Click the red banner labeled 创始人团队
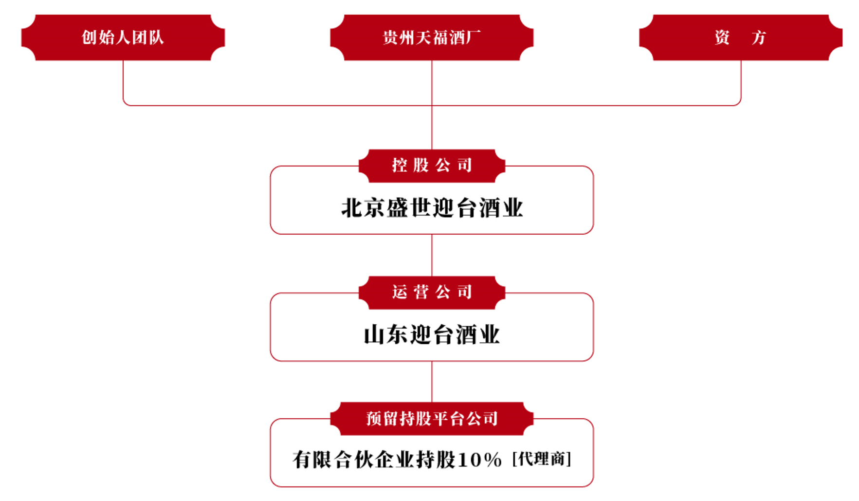[x=123, y=37]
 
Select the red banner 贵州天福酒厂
[x=431, y=37]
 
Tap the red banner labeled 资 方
[x=740, y=37]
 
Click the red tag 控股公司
[x=432, y=166]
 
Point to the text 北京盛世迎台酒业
[x=432, y=208]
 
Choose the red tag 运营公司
[x=432, y=292]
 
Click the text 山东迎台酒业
[x=432, y=335]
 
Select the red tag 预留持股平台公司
[x=432, y=419]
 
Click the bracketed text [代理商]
[x=541, y=459]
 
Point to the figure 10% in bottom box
[x=479, y=460]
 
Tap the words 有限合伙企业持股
[x=374, y=460]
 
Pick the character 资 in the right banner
[x=722, y=37]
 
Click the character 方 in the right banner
[x=759, y=37]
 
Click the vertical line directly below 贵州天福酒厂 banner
[x=432, y=83]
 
